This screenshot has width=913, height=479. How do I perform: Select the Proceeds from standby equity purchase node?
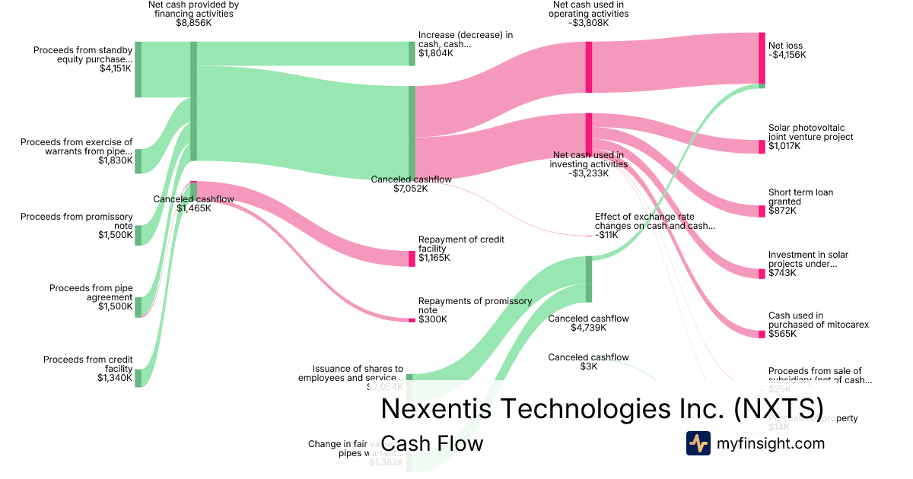pos(138,70)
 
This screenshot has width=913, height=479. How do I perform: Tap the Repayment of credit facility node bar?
pos(412,259)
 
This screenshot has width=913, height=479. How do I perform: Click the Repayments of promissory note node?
pos(412,320)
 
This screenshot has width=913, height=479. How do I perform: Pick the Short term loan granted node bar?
pos(762,211)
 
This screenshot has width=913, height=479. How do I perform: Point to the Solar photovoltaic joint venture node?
pos(762,147)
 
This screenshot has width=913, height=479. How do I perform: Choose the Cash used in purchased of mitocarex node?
pos(762,334)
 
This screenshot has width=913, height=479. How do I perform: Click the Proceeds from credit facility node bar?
pos(138,378)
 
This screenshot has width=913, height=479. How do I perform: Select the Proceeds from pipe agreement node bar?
pos(138,307)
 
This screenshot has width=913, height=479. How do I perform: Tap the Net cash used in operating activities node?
pos(589,68)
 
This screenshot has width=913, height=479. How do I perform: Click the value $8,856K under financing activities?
pos(193,24)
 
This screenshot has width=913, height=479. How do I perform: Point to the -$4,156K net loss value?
pos(787,55)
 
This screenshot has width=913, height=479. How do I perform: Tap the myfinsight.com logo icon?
pos(698,443)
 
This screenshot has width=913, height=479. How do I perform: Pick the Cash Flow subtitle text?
pos(431,443)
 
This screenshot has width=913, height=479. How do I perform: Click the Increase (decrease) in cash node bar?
pos(412,53)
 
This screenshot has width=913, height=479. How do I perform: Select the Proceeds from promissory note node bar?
pos(138,235)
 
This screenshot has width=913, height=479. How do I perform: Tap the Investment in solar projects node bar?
pos(762,274)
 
